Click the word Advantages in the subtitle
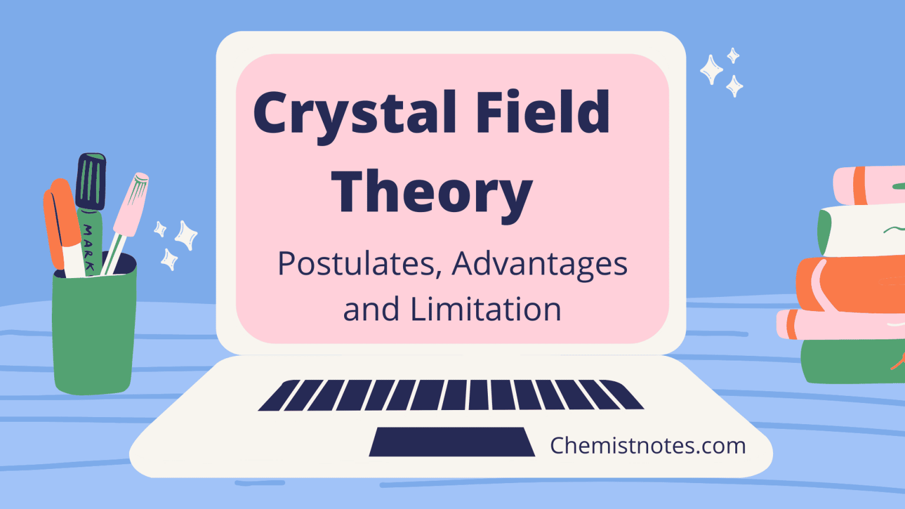539,265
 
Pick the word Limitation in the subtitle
485,309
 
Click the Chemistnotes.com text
648,445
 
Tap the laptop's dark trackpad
451,442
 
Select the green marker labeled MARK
89,239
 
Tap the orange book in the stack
854,284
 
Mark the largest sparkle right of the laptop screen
711,70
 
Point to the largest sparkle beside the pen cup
187,235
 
